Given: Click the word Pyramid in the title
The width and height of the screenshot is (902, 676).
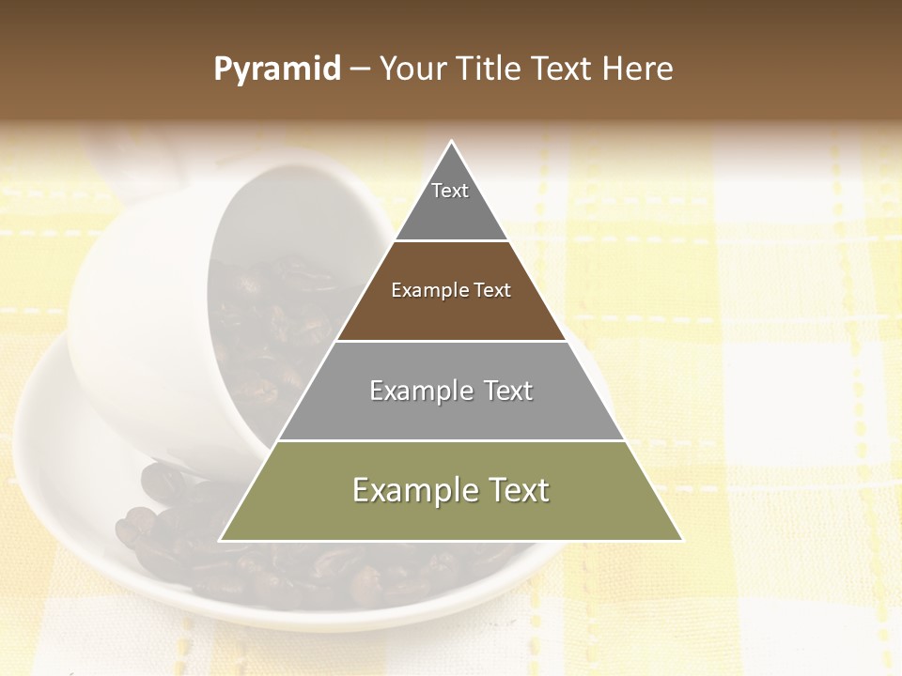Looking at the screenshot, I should pyautogui.click(x=277, y=69).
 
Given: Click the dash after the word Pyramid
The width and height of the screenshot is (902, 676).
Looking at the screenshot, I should pyautogui.click(x=360, y=69).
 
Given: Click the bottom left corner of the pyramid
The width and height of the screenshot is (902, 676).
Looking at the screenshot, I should pyautogui.click(x=221, y=540).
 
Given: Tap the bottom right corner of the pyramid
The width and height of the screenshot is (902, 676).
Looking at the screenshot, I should pyautogui.click(x=681, y=540).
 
